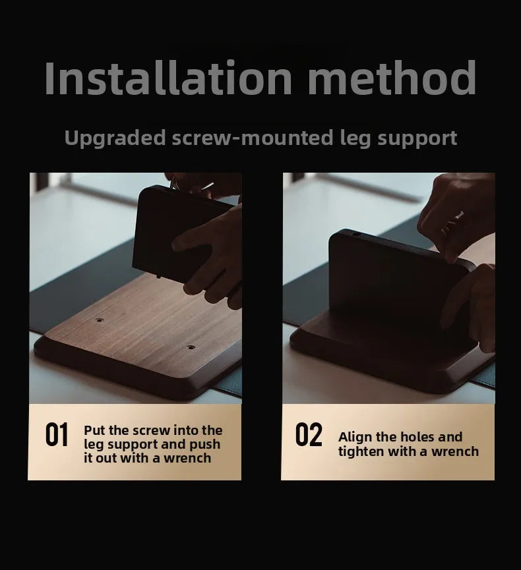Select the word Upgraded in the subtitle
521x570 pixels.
click(x=115, y=138)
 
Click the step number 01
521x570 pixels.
click(x=57, y=436)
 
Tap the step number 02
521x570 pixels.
click(x=309, y=436)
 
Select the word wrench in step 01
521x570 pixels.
click(x=187, y=458)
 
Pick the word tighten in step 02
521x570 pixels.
click(x=365, y=451)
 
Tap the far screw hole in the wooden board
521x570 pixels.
click(x=100, y=320)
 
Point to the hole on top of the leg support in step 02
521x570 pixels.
click(x=357, y=234)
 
